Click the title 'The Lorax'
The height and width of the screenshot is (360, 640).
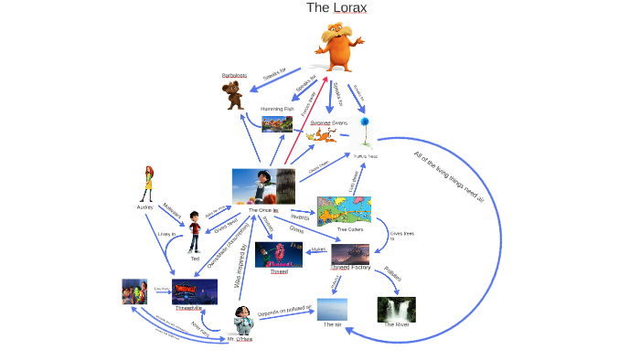coord(336,8)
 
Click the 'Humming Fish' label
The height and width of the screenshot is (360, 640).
coord(277,109)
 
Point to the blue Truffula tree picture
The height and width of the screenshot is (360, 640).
coord(366,132)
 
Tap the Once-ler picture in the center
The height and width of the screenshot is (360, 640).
coord(263,186)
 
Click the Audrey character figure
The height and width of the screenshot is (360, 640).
coord(146,184)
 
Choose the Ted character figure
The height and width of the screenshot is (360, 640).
coord(195,232)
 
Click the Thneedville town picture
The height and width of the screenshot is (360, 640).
coord(195,291)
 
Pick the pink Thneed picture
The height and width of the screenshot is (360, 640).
coord(279,254)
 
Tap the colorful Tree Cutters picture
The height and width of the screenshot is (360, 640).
coord(344,211)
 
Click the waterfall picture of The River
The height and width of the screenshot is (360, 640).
coord(396,309)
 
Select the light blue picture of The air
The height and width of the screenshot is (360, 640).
coord(332,309)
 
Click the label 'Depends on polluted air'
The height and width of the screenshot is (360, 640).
coord(285,310)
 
